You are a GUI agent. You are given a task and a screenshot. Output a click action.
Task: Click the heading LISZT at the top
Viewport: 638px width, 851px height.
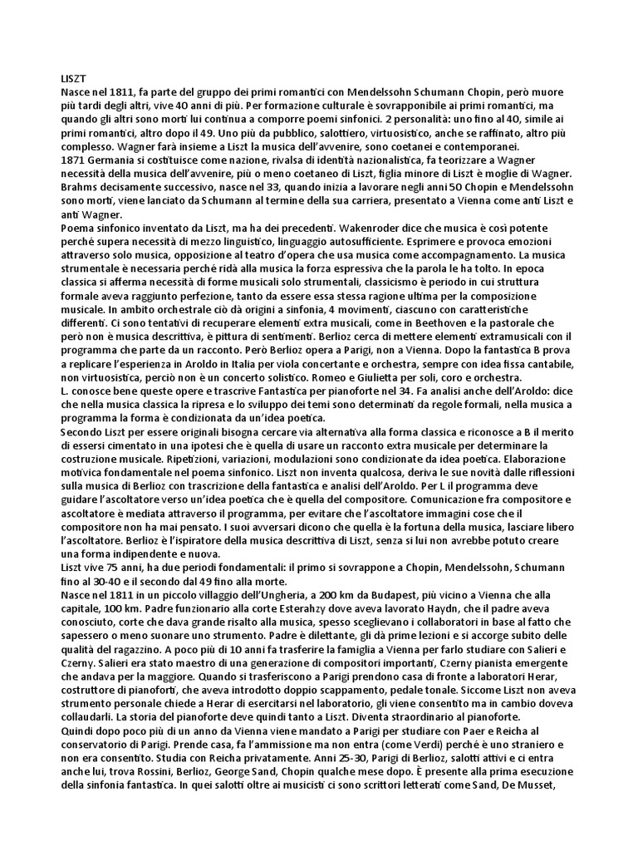(74, 77)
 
